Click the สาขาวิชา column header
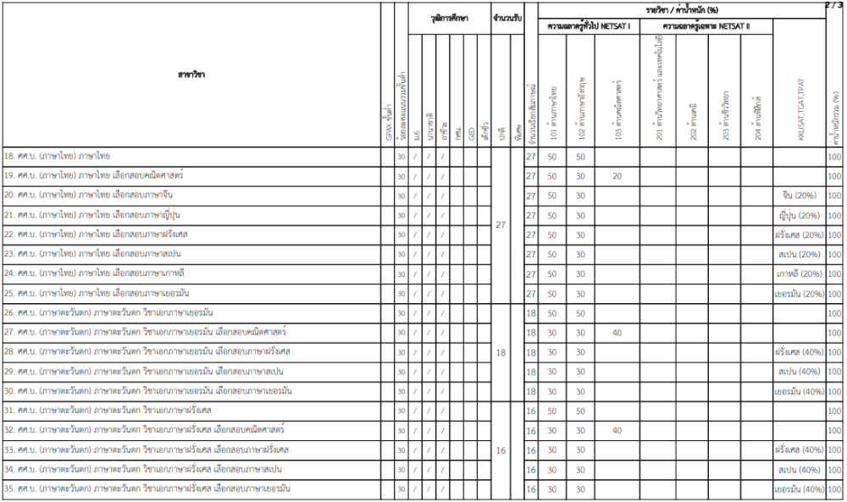(191, 75)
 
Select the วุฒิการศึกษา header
(449, 17)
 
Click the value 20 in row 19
(617, 176)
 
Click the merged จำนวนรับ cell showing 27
(501, 225)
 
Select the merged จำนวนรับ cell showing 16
(501, 450)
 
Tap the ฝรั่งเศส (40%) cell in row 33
(799, 450)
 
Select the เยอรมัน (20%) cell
(800, 294)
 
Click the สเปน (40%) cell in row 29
(799, 372)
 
